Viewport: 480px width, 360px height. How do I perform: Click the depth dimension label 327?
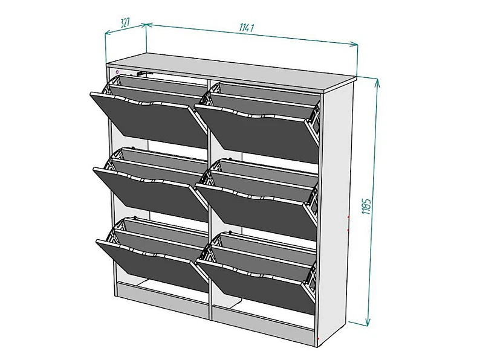coord(125,22)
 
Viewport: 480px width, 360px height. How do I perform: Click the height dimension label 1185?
coord(366,206)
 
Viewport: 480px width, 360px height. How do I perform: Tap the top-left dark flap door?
coord(149,120)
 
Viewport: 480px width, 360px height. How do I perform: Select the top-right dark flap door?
coord(256,132)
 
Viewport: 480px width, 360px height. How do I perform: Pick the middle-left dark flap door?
coord(151,193)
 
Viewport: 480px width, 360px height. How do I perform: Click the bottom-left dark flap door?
coord(152,263)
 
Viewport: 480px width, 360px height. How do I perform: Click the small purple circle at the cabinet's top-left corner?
coord(117,72)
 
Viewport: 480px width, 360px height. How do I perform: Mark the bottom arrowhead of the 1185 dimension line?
coord(368,323)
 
